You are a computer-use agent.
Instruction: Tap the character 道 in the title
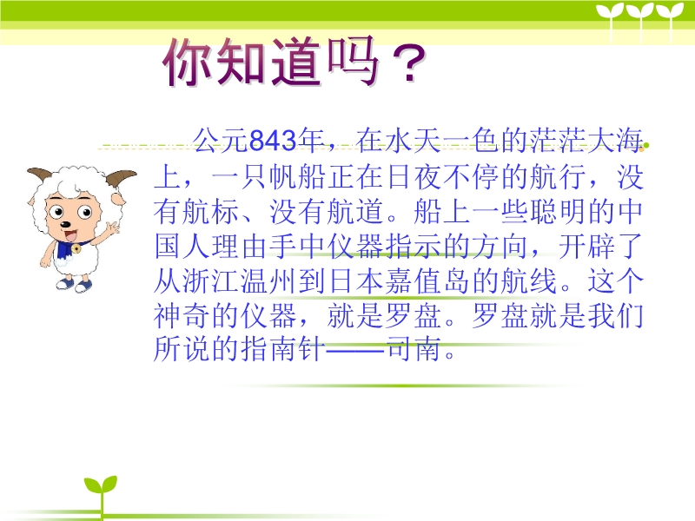(295, 61)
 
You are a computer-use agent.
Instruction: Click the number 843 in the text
(273, 141)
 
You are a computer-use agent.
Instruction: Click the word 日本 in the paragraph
(356, 280)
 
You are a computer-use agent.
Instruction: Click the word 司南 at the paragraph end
(414, 349)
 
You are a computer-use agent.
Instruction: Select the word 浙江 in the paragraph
(211, 280)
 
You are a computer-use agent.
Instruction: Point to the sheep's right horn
(120, 178)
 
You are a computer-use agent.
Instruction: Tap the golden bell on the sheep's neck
(76, 249)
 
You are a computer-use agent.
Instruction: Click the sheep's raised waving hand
(112, 228)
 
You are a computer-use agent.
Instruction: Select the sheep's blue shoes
(75, 285)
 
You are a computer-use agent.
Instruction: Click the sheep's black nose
(65, 225)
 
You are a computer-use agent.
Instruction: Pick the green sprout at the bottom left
(101, 491)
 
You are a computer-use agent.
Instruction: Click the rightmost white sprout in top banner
(670, 20)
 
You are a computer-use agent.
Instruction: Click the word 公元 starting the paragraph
(221, 141)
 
